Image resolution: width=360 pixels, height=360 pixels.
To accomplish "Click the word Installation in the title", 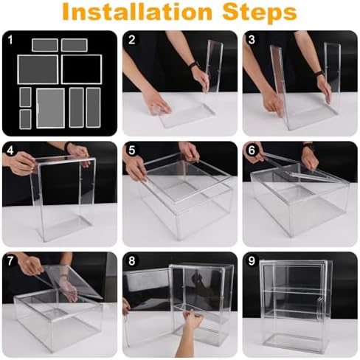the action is (137, 13).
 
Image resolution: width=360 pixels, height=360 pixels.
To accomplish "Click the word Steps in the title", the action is (260, 13).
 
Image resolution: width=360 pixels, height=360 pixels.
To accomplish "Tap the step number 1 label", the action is (10, 40).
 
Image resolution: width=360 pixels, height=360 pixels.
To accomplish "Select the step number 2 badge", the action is (132, 40).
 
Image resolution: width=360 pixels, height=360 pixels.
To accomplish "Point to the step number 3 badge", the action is (252, 40).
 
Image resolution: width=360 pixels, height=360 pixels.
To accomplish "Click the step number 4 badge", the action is (10, 150).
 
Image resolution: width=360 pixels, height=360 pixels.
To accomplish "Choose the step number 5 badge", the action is (132, 150).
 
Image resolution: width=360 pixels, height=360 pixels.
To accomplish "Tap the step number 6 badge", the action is (252, 150).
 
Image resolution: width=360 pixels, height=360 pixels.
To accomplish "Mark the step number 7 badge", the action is (10, 261).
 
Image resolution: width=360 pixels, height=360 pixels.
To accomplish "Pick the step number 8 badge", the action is (132, 261).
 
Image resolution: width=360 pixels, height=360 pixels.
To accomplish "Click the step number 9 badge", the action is (252, 261).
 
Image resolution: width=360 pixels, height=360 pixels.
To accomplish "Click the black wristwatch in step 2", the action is (194, 65).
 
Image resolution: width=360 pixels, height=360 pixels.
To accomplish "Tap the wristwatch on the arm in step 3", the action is (319, 74).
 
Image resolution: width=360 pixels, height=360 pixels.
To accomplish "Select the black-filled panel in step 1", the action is (81, 69).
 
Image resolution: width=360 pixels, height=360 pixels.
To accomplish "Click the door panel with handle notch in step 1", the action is (50, 108).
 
